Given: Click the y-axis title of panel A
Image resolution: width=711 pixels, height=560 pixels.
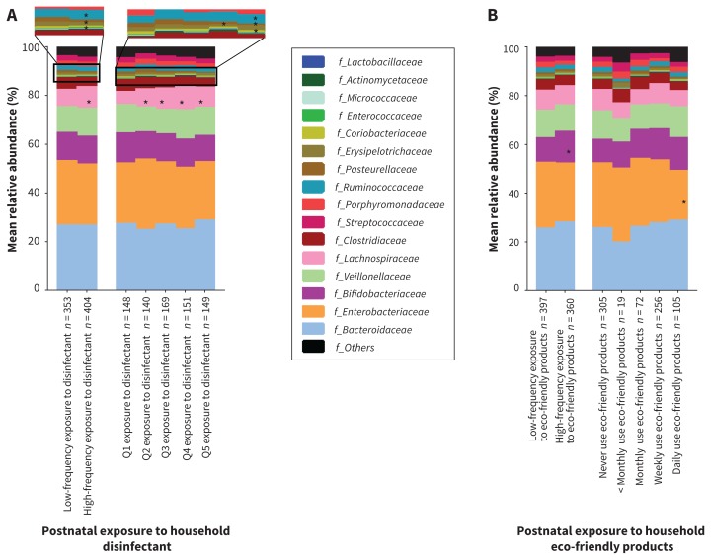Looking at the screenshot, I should pyautogui.click(x=13, y=168).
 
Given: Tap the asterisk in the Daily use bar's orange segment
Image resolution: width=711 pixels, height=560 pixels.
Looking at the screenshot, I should pyautogui.click(x=683, y=202).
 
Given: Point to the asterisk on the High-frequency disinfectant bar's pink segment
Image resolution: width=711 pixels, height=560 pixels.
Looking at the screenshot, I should pyautogui.click(x=89, y=102).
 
